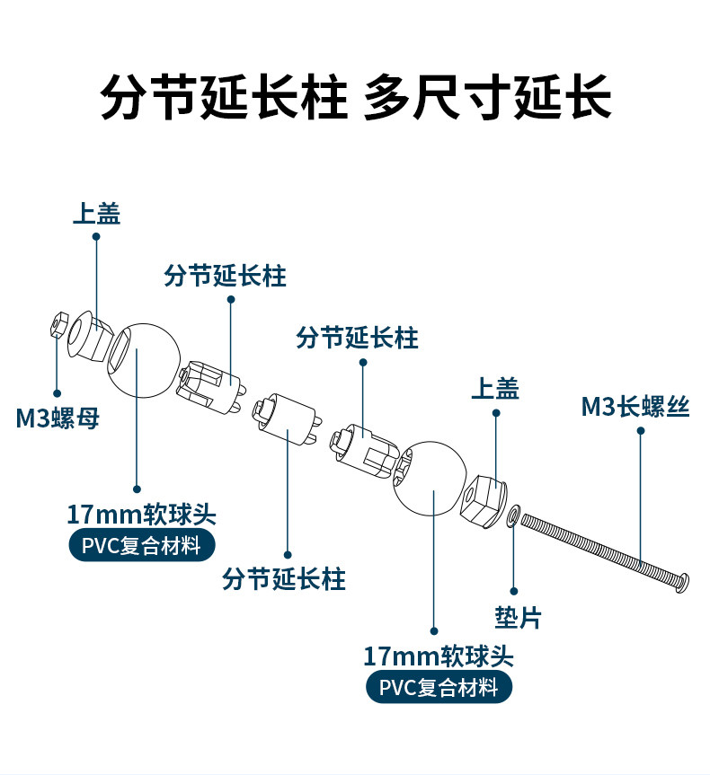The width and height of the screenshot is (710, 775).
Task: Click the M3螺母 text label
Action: click(x=57, y=418)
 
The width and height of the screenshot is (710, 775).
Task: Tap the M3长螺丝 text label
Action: click(x=635, y=407)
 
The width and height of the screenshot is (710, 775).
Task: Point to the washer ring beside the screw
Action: click(x=512, y=515)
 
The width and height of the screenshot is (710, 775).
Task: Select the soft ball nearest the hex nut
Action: click(x=142, y=359)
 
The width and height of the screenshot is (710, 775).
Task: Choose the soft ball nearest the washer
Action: click(x=429, y=480)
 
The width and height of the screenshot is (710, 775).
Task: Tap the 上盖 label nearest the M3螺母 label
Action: click(x=96, y=213)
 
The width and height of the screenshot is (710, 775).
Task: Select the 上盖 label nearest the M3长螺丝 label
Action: click(x=495, y=388)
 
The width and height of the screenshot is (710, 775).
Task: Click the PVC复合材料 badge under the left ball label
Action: click(x=141, y=545)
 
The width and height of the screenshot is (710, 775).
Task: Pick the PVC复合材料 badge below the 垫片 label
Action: click(x=439, y=688)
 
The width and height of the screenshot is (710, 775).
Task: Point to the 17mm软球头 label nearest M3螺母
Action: click(x=141, y=515)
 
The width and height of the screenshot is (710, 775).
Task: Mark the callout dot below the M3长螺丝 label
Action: click(x=641, y=431)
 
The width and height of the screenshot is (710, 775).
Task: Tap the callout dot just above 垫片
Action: click(x=514, y=591)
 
